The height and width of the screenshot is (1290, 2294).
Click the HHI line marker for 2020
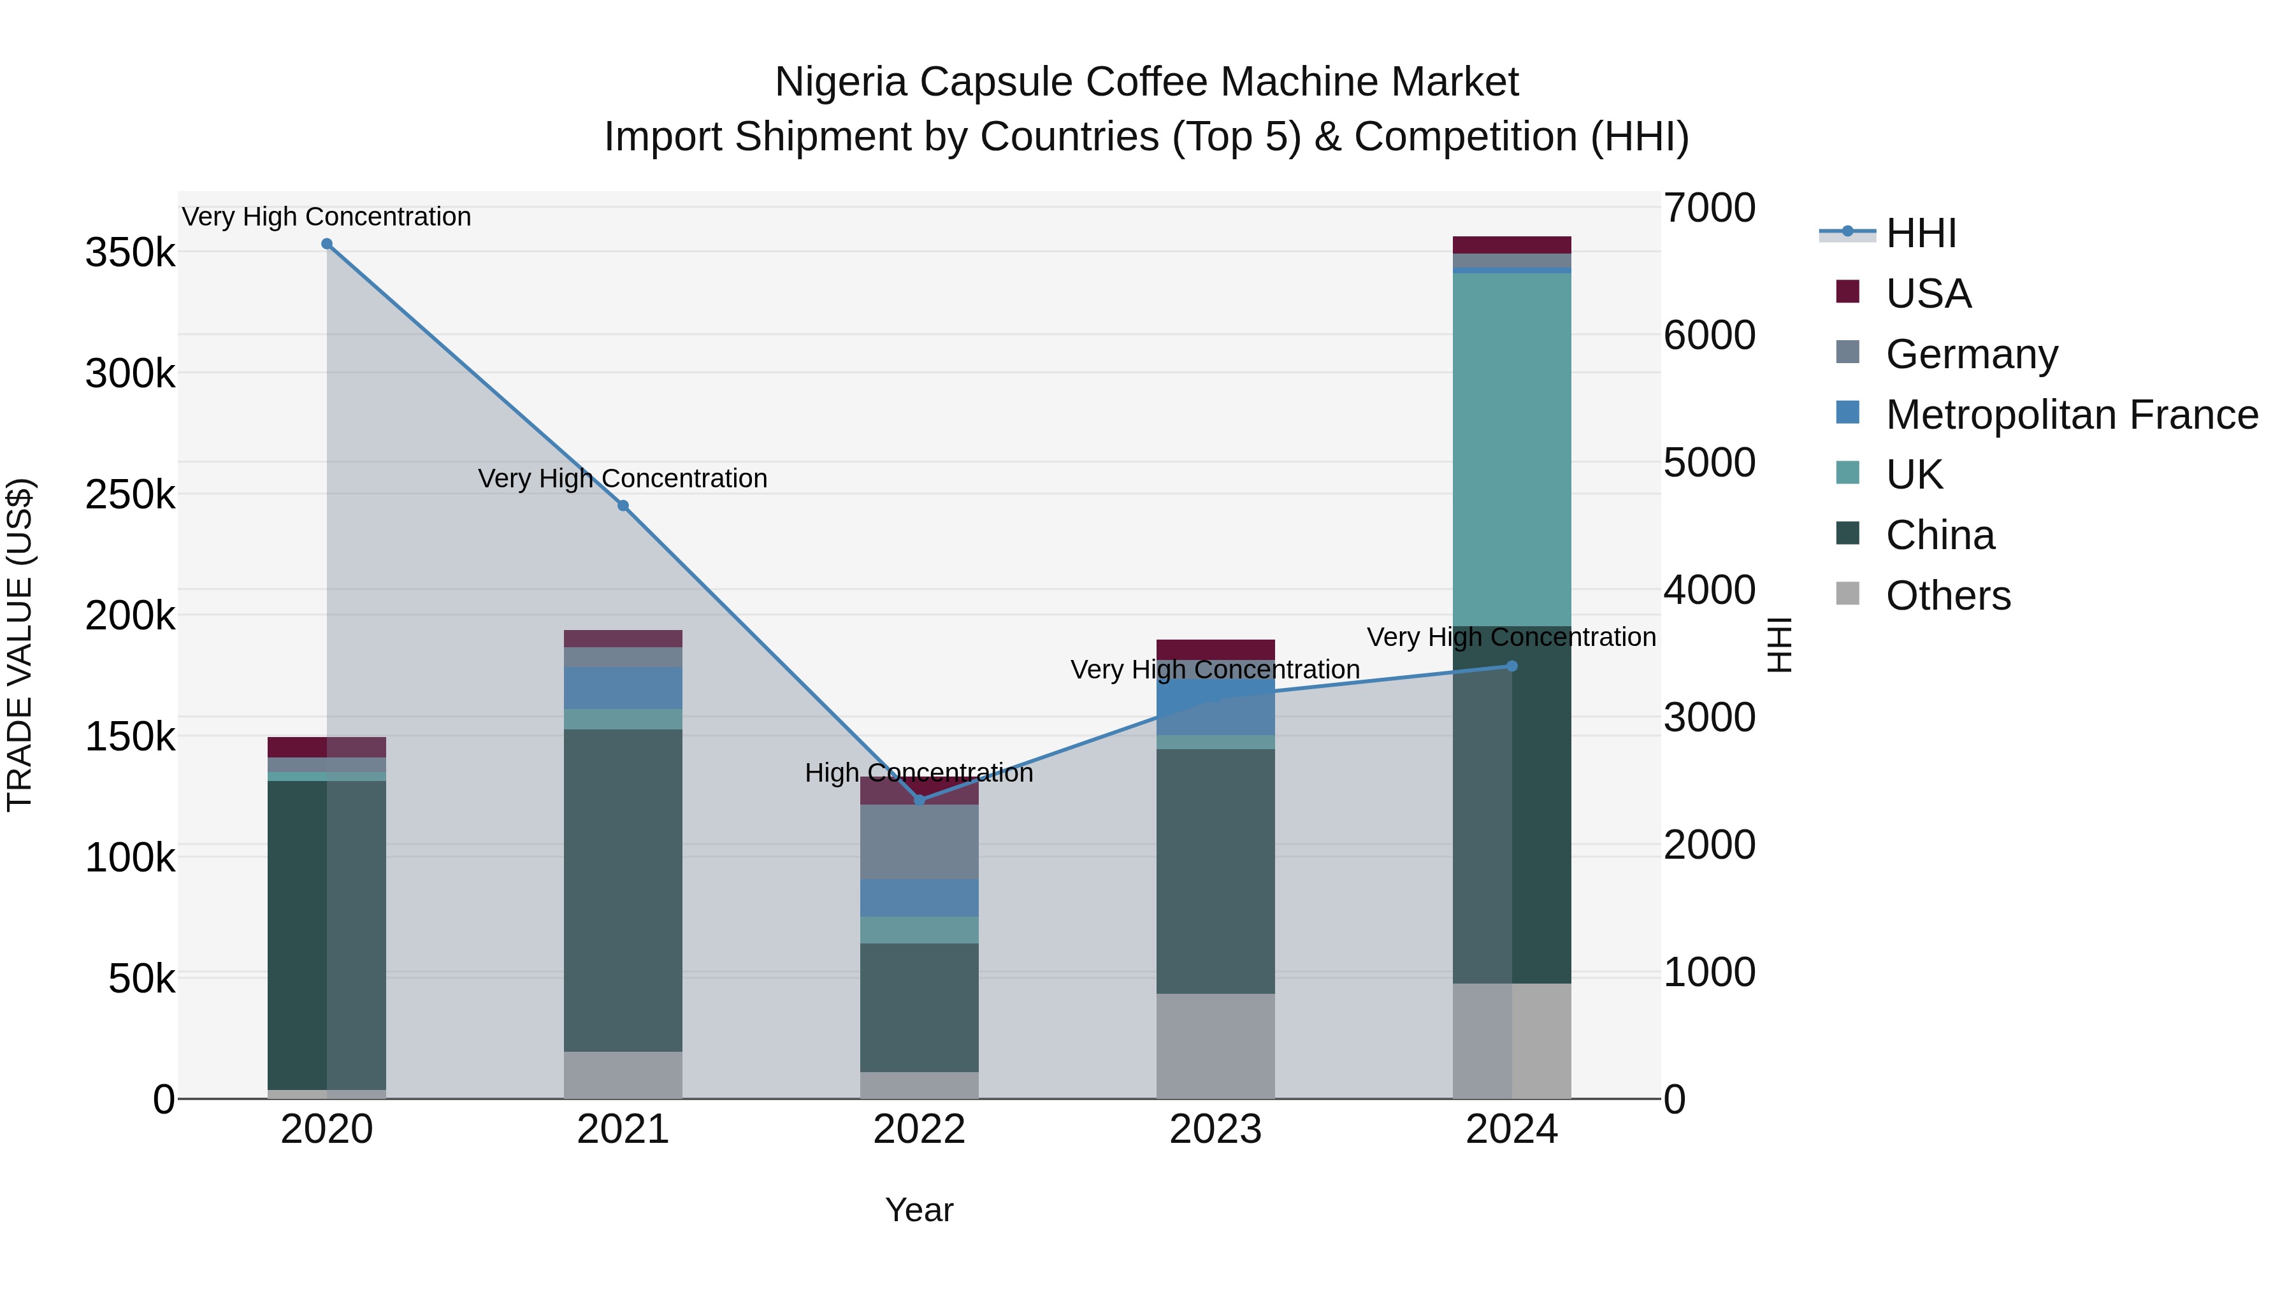tap(327, 244)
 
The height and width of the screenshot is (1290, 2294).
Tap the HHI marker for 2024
tap(1511, 666)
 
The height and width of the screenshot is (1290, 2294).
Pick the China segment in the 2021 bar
tap(623, 891)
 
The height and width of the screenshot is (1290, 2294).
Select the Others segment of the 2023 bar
tap(1216, 1046)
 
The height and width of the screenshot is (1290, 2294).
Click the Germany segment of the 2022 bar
tap(919, 842)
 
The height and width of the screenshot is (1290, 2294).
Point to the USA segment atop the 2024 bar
tap(1511, 245)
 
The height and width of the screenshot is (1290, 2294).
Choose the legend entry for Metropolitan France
tap(2072, 415)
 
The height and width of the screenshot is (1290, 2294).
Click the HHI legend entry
tap(1920, 233)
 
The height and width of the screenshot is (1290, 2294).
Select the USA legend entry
tap(1928, 294)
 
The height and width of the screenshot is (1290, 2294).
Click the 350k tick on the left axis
tap(130, 253)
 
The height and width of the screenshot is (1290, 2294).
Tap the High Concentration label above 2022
tap(919, 773)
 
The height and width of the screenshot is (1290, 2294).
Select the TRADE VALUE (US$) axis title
tap(20, 645)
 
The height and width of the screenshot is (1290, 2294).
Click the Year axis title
tap(919, 1210)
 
